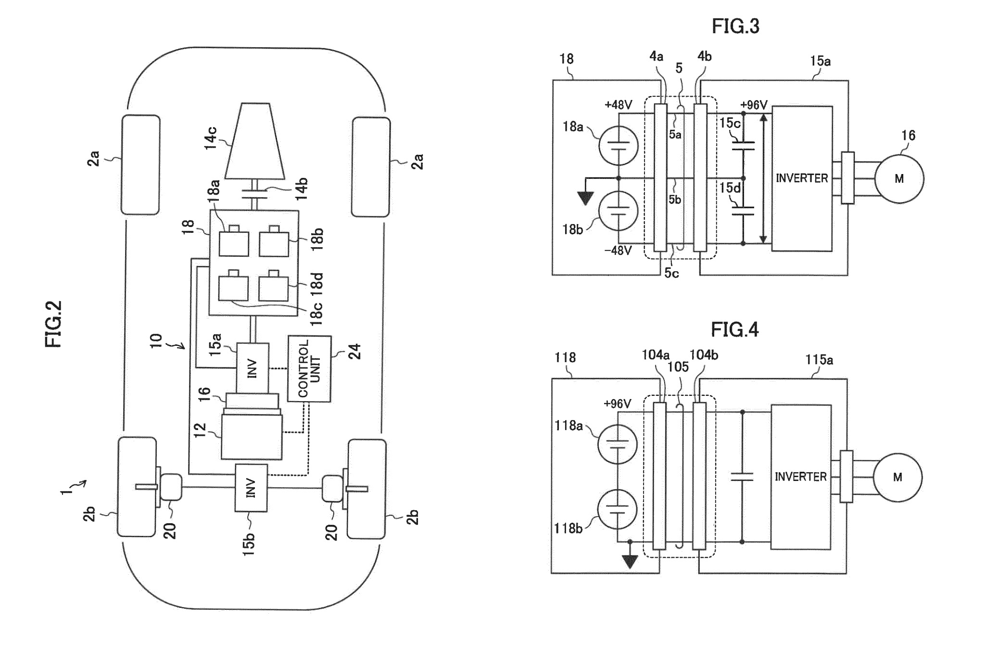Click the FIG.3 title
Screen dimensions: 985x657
[735, 26]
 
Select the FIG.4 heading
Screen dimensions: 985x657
[734, 329]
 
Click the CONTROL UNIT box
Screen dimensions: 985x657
[309, 368]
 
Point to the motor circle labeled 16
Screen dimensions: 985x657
[899, 179]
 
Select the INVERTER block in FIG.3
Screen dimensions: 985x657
[802, 178]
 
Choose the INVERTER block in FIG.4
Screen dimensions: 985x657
[801, 477]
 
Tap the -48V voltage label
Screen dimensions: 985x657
[618, 251]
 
